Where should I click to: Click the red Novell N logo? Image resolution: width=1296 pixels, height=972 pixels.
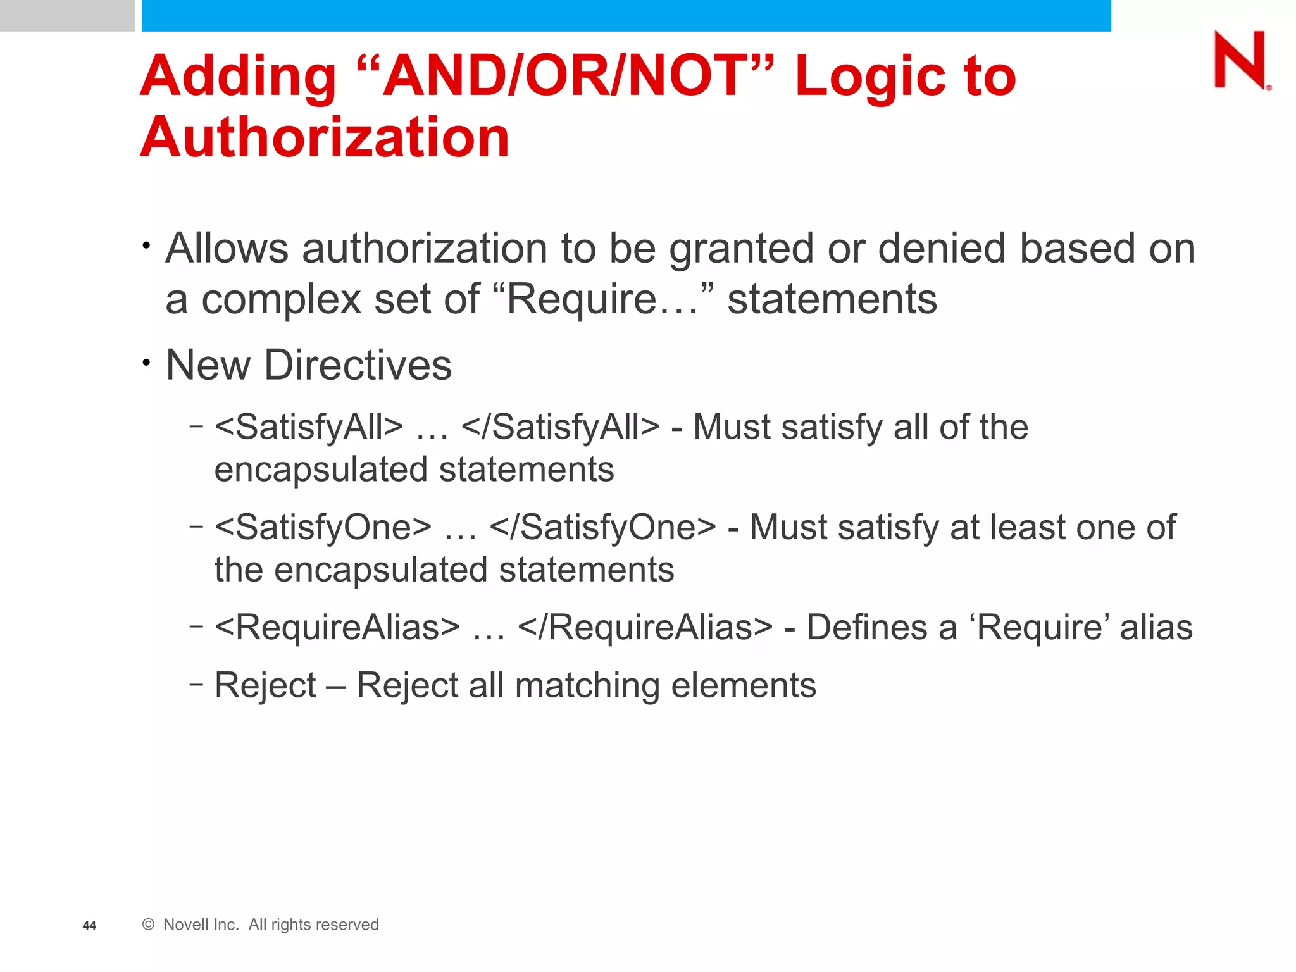(1241, 60)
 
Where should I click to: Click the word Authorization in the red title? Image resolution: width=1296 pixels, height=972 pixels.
(325, 137)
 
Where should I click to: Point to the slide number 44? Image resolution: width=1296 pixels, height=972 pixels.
(89, 925)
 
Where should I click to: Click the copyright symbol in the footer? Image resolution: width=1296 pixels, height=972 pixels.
(149, 925)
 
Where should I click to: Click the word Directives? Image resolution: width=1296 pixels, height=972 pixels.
(358, 365)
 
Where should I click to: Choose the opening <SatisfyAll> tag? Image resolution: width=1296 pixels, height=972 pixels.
(309, 427)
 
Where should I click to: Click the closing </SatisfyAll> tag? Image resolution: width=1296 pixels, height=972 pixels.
(561, 427)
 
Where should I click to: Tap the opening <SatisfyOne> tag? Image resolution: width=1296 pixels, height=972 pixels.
(323, 527)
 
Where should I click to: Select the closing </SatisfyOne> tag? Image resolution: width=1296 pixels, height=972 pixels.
(603, 527)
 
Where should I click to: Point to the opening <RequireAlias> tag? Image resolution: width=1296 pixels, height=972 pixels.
(337, 627)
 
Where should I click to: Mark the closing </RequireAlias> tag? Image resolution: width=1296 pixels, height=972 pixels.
(645, 627)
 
